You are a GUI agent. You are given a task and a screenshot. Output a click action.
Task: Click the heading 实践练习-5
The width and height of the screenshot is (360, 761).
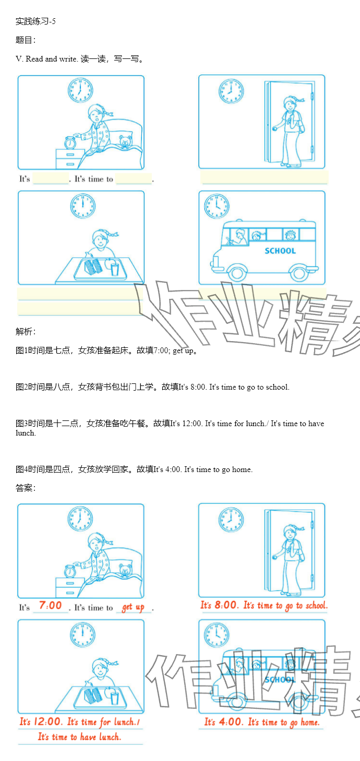35,21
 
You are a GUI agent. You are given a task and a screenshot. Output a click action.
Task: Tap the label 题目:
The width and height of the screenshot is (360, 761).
26,40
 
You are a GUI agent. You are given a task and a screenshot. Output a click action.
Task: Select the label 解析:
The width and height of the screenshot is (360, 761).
26,331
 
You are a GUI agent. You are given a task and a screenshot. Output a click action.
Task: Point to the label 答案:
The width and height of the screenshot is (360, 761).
26,488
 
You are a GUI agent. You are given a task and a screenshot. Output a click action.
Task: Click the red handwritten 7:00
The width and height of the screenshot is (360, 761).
50,605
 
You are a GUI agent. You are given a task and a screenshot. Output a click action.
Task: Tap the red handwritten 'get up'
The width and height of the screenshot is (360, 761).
133,607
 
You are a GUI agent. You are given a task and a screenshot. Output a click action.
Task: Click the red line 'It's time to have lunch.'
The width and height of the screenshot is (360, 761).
79,736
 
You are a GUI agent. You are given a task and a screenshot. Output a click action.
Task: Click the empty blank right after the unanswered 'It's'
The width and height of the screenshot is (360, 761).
51,178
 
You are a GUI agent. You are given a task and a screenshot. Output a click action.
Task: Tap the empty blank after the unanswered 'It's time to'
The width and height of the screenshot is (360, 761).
134,178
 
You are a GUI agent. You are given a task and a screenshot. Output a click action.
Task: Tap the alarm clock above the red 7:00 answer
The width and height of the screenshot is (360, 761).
70,571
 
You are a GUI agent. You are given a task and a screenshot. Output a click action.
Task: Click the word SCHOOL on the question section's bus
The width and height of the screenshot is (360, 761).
280,251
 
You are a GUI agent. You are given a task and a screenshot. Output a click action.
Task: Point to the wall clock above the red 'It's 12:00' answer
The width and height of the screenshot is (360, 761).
82,635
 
